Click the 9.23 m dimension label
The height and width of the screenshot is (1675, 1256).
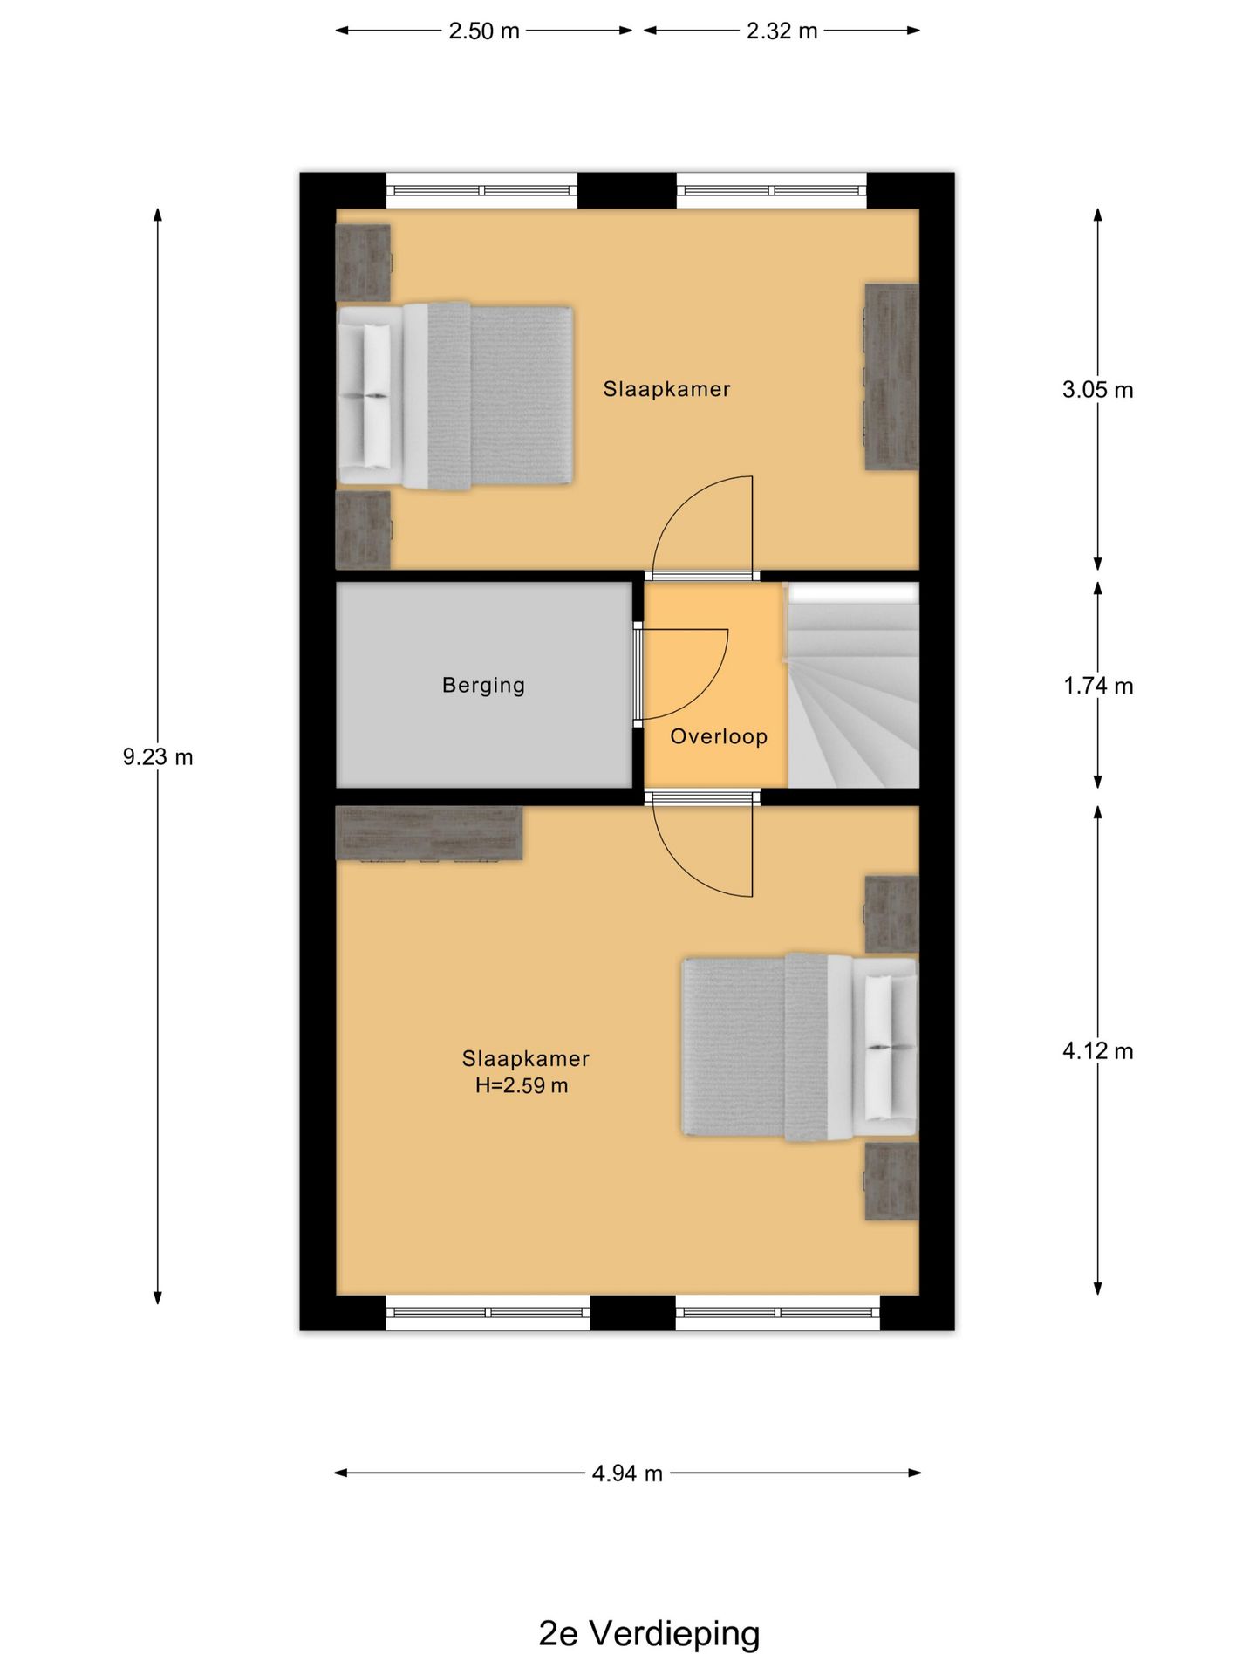tap(158, 757)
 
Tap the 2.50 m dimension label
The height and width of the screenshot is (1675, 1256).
tap(484, 31)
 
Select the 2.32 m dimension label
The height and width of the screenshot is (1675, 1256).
tap(782, 31)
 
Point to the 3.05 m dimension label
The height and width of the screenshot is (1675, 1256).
tap(1097, 390)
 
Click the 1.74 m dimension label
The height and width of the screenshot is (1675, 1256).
tap(1097, 687)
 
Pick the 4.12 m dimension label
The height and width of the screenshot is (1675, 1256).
tap(1097, 1051)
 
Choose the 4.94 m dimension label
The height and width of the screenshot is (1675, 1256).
tap(627, 1473)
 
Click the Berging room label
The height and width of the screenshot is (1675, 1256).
tap(484, 686)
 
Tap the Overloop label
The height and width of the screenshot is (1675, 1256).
tap(719, 736)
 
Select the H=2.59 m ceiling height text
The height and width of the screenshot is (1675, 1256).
tap(522, 1086)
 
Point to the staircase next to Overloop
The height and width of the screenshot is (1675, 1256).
tap(853, 686)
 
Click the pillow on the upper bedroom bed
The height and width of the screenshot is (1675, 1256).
tap(377, 396)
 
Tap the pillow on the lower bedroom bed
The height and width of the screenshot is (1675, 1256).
tap(879, 1047)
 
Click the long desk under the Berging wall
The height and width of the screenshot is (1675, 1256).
tap(429, 834)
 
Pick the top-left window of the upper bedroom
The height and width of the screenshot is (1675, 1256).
tap(481, 190)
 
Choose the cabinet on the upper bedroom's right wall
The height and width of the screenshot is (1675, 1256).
tap(891, 377)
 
